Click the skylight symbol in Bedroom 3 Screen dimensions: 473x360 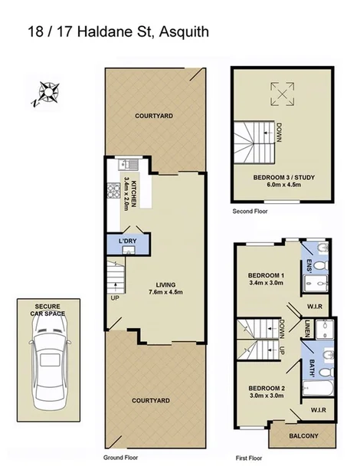pos(281,96)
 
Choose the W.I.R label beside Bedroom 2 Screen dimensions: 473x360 pos(318,409)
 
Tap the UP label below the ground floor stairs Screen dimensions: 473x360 pos(115,297)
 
